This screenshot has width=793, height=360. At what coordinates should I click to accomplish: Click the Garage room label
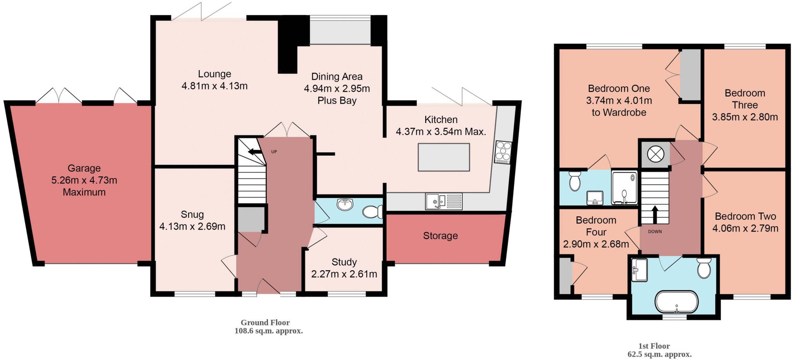(84, 168)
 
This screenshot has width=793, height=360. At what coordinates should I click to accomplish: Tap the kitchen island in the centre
(444, 157)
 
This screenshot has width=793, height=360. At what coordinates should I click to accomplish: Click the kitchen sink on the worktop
(443, 201)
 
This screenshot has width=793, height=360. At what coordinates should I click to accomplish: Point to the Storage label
(440, 236)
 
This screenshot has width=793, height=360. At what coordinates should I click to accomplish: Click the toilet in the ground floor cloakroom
(372, 212)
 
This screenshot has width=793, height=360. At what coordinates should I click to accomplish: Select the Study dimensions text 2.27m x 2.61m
(344, 274)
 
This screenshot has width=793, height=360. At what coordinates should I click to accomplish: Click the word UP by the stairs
(274, 152)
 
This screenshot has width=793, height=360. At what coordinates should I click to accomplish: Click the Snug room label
(192, 214)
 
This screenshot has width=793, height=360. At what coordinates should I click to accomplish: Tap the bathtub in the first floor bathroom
(676, 302)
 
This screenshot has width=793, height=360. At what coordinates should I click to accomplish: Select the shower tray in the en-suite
(624, 187)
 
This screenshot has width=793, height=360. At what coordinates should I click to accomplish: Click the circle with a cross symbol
(656, 154)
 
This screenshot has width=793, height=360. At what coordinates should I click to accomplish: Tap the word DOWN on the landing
(655, 231)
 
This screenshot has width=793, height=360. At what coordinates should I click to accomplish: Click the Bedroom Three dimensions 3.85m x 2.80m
(745, 117)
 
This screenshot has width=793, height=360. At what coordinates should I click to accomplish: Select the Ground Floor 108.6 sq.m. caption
(268, 327)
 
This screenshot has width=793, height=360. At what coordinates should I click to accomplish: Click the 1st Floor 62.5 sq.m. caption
(659, 350)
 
